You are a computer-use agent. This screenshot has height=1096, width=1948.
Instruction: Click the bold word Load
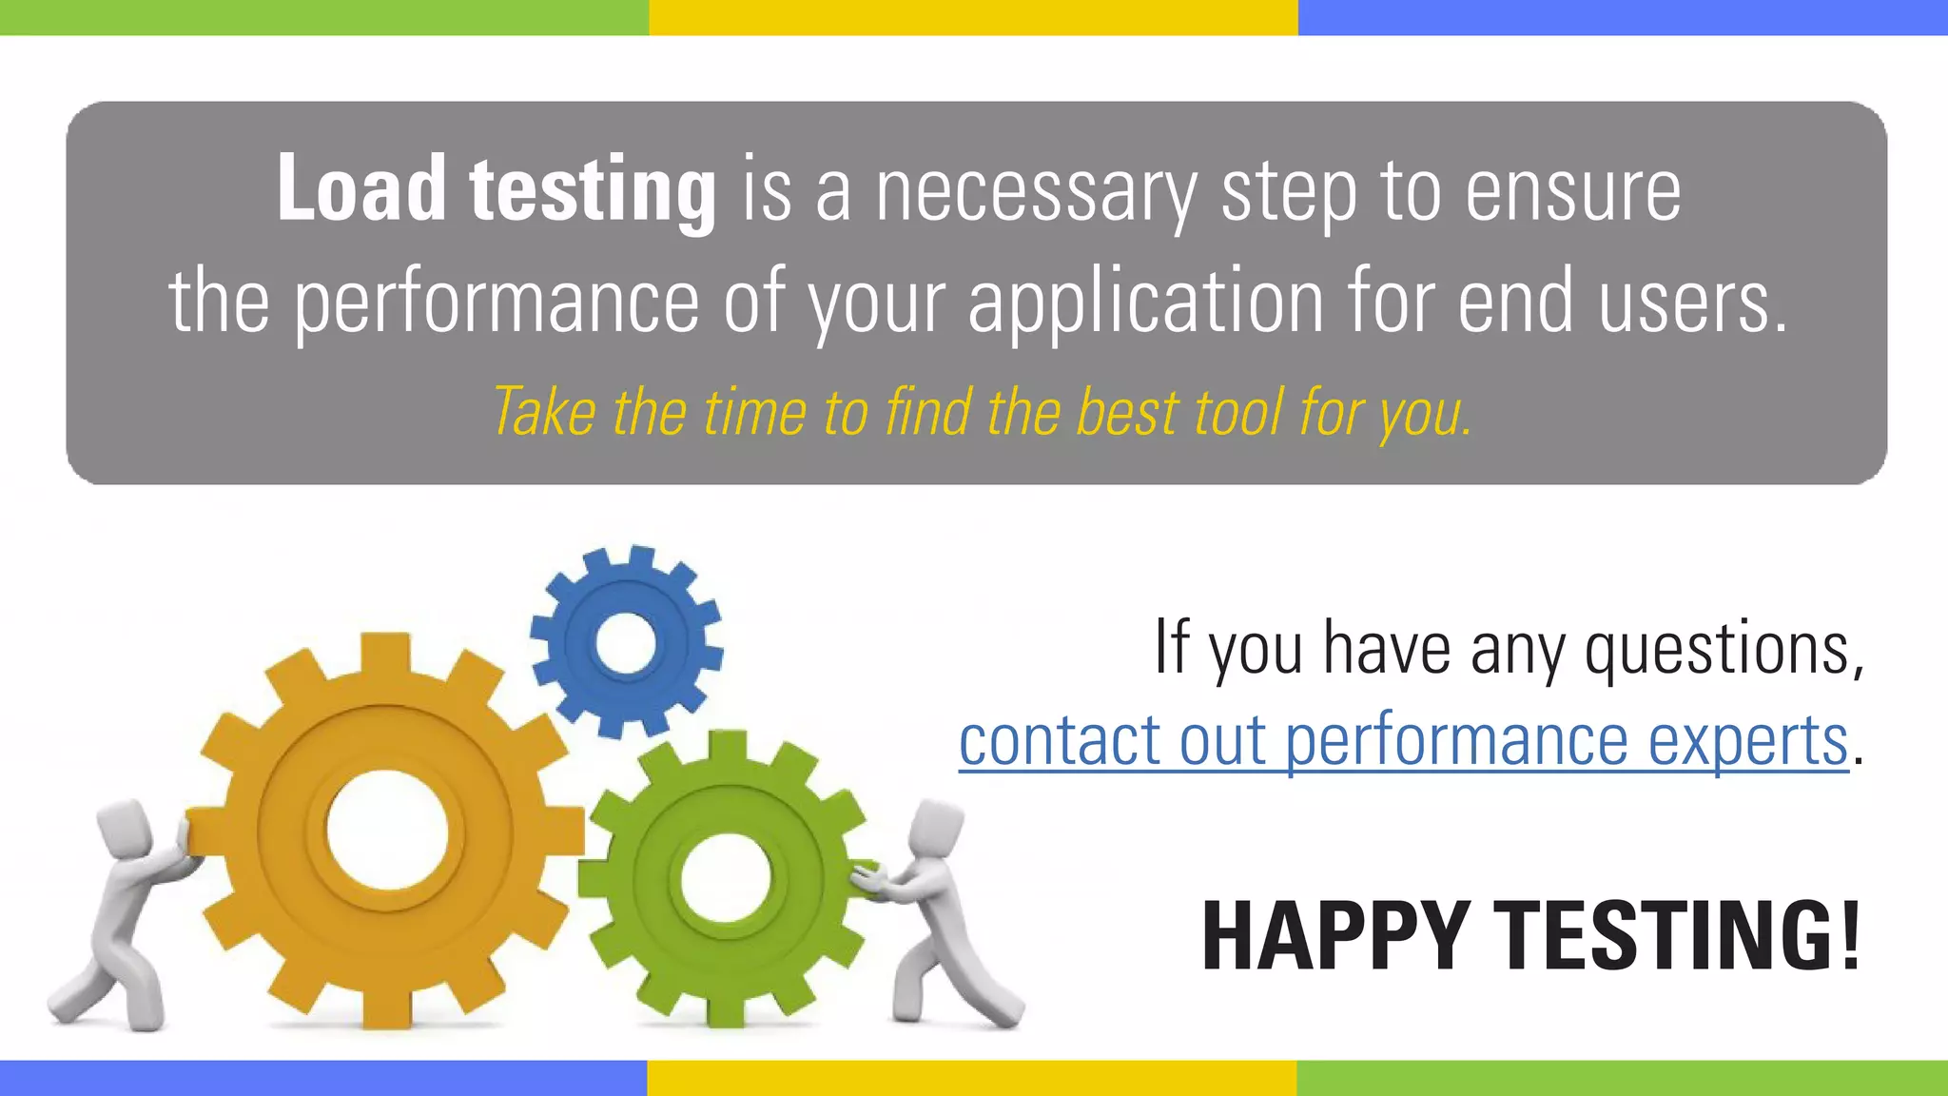(x=361, y=189)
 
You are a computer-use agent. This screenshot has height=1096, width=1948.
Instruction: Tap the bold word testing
(x=593, y=193)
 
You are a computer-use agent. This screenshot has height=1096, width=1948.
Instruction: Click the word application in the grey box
(x=1145, y=303)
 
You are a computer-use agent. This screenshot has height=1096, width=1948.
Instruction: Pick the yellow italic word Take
(x=544, y=413)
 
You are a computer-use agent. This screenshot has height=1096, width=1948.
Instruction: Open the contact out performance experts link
(x=1403, y=741)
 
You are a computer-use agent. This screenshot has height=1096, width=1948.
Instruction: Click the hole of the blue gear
(x=625, y=642)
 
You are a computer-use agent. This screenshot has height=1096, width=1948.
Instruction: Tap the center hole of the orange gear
(x=387, y=828)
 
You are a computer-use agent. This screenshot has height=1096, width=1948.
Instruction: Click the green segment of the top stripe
(x=323, y=17)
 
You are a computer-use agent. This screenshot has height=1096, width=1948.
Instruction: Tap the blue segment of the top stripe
(x=1623, y=17)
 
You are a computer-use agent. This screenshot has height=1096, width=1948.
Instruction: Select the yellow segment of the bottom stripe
(x=971, y=1078)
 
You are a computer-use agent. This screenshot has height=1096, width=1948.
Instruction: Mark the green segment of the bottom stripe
(x=1622, y=1078)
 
